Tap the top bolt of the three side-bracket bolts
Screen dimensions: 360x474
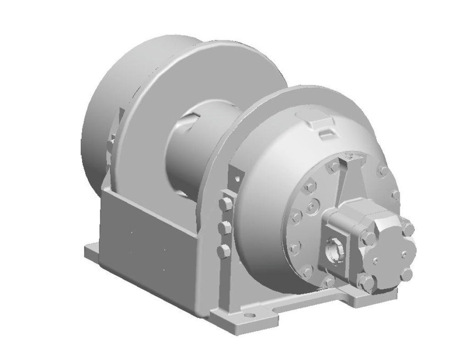pyautogui.click(x=225, y=204)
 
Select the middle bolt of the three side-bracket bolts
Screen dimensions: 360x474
pyautogui.click(x=224, y=227)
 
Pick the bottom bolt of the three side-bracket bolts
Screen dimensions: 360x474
pyautogui.click(x=223, y=251)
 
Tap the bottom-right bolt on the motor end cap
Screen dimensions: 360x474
pyautogui.click(x=406, y=274)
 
